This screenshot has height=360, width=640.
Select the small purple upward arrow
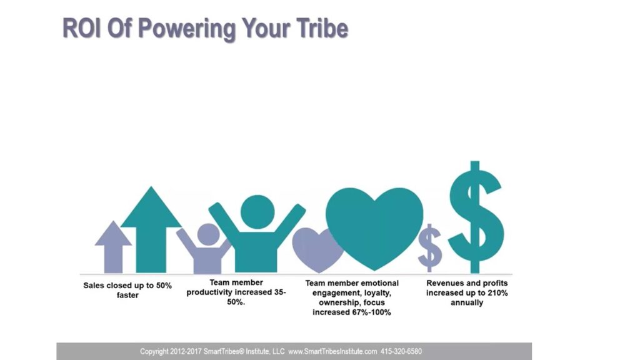(113, 247)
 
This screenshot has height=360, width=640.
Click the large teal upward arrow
(151, 230)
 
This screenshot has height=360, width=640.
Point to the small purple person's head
(208, 235)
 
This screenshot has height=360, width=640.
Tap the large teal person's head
(257, 212)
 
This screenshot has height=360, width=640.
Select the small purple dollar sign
(429, 247)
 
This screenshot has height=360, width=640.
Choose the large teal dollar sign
(475, 217)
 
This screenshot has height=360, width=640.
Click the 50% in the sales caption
(164, 286)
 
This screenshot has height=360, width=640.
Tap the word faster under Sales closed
(127, 295)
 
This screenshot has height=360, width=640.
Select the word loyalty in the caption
(376, 293)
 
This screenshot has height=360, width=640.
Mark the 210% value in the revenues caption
(498, 293)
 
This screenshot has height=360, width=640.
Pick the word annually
(467, 303)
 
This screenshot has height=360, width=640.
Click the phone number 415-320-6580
(401, 351)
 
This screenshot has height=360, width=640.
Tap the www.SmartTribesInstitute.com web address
(332, 351)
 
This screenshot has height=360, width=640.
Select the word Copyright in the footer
(154, 351)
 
